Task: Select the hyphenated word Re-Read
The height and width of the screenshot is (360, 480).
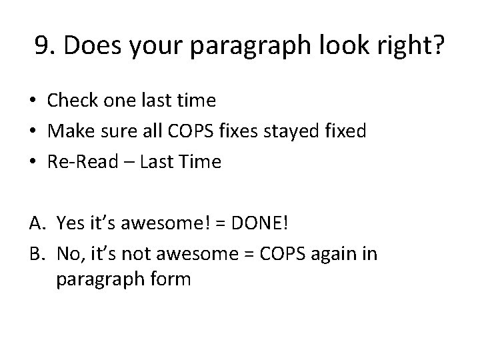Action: click(79, 162)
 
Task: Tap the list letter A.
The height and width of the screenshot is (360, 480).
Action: click(36, 222)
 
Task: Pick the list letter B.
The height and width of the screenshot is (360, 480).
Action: click(36, 253)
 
